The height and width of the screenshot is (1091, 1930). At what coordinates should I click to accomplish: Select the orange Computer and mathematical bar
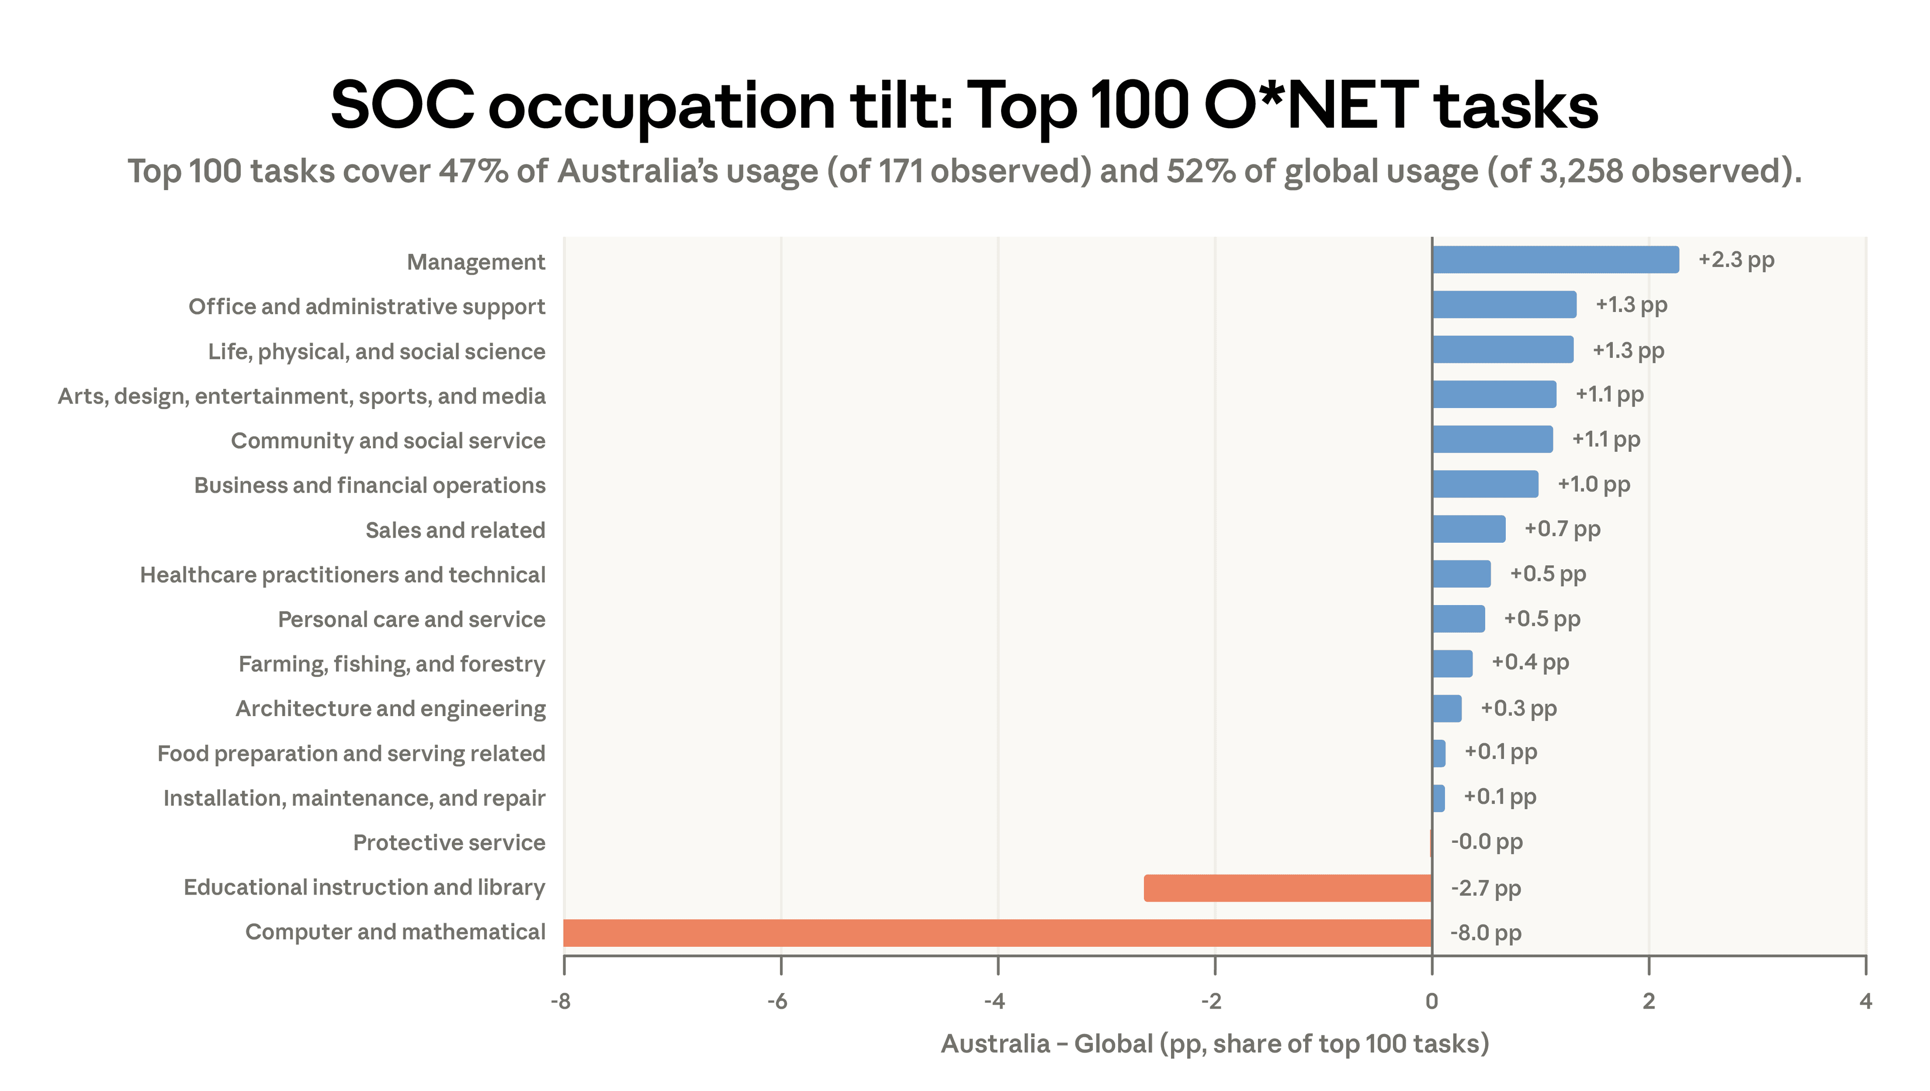[997, 933]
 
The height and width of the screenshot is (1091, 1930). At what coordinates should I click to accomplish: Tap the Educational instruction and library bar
[1287, 888]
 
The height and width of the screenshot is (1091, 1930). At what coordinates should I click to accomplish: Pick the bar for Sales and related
[1469, 529]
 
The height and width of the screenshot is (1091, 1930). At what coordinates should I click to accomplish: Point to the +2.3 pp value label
[1736, 260]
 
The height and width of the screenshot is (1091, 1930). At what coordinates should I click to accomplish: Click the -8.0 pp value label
[1486, 933]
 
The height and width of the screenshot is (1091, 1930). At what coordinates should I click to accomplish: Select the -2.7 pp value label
[1486, 888]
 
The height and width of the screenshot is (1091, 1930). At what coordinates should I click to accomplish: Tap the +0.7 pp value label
[1562, 529]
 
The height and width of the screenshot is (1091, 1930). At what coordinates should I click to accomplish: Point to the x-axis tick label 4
[1865, 1001]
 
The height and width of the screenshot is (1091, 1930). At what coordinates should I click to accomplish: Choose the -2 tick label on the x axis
[1211, 1001]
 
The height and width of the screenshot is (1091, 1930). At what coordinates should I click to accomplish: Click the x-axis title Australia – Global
[1214, 1044]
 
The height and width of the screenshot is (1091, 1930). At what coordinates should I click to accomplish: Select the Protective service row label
[449, 843]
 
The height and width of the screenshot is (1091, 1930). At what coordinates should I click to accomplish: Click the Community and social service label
[388, 441]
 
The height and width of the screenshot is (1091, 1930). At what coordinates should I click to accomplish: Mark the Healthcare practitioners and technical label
[342, 575]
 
